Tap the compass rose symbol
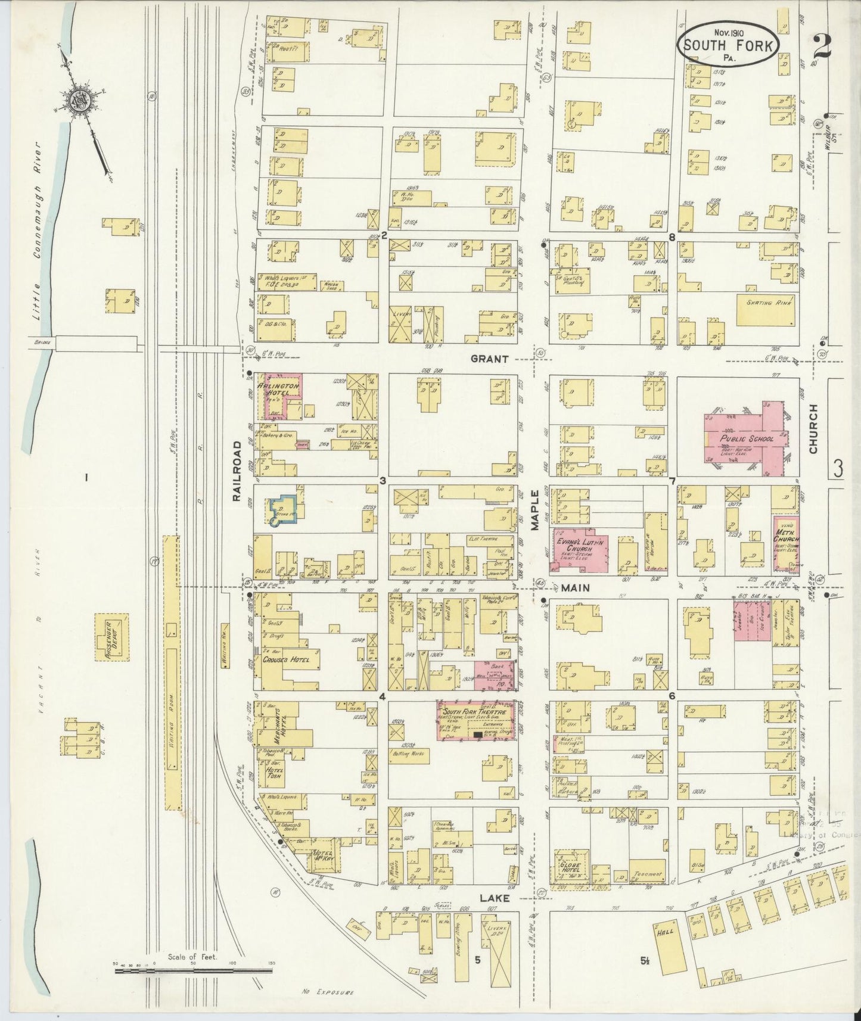79,99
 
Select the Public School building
746,438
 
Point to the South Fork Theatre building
476,721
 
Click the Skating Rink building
766,309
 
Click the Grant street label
489,359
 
